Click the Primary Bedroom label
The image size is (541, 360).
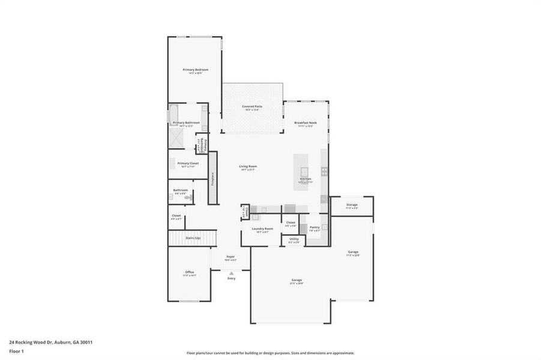(x=195, y=70)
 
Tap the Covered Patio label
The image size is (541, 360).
(x=252, y=107)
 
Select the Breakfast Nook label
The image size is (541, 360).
(x=305, y=122)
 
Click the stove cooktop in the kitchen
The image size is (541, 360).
(x=324, y=171)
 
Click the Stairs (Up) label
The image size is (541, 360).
(x=193, y=238)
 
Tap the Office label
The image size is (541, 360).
(x=189, y=273)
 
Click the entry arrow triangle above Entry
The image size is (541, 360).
(x=231, y=272)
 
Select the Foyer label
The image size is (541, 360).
(x=231, y=257)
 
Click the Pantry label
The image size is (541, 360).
(x=314, y=227)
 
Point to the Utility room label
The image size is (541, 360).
(x=294, y=239)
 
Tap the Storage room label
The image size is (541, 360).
(x=352, y=205)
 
